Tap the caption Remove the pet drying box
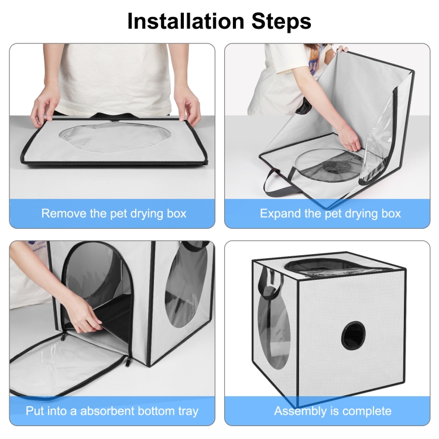pos(114,213)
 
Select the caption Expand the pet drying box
pos(330,213)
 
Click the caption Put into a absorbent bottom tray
pos(112,411)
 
